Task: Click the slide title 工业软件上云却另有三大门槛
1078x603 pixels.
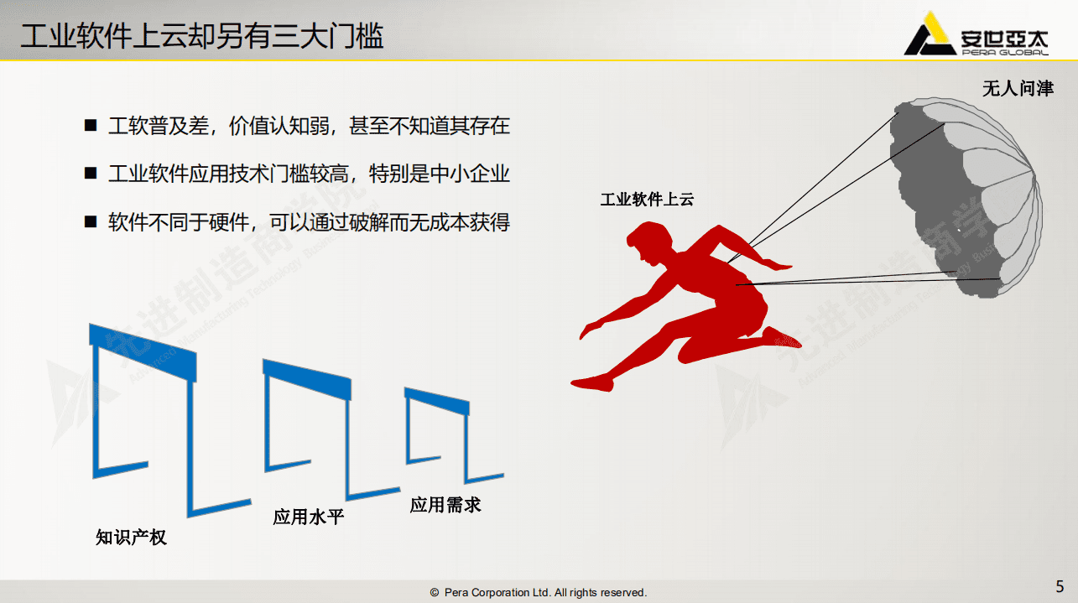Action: (201, 36)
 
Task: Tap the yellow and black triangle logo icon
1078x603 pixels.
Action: (928, 35)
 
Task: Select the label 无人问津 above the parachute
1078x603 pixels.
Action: (1017, 88)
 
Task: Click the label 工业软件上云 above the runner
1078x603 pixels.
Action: (647, 200)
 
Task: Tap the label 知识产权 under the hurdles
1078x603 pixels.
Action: (131, 538)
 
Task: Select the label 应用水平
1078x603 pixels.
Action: (308, 517)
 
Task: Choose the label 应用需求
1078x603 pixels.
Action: (445, 505)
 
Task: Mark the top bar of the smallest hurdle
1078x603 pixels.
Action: (436, 401)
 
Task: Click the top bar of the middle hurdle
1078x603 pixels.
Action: (306, 378)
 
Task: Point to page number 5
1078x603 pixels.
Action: (1060, 586)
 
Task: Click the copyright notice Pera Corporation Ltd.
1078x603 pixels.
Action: (539, 593)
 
